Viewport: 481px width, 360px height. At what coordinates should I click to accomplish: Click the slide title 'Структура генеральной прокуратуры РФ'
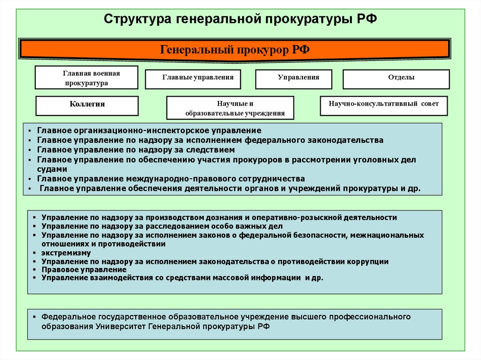(240, 19)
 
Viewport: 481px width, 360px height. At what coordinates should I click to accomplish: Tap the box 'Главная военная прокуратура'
(86, 78)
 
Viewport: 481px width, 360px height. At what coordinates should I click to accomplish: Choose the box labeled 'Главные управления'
(193, 79)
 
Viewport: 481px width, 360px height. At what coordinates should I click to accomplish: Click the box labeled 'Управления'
(293, 79)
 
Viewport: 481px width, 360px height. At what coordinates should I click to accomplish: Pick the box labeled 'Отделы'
(396, 79)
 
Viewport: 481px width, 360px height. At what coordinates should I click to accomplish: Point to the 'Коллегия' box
(87, 106)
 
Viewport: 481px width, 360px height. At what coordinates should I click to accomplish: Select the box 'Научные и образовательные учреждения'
(230, 108)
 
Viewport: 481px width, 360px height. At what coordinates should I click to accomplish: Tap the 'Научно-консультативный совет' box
(384, 106)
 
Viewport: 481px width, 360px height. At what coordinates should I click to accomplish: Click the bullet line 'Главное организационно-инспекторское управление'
(149, 130)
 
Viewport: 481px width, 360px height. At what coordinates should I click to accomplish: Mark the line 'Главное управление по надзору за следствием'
(136, 150)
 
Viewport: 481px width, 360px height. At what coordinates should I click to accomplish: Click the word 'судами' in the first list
(52, 169)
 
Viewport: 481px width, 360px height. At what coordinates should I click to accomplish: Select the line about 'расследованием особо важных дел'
(162, 226)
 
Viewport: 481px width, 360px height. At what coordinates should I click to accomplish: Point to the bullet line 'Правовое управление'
(84, 270)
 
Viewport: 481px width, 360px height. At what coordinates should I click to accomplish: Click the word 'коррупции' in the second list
(368, 261)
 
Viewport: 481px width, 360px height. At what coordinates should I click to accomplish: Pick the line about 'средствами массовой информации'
(182, 278)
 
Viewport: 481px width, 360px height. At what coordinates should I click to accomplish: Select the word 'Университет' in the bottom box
(120, 326)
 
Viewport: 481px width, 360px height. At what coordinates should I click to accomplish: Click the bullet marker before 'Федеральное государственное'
(34, 317)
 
